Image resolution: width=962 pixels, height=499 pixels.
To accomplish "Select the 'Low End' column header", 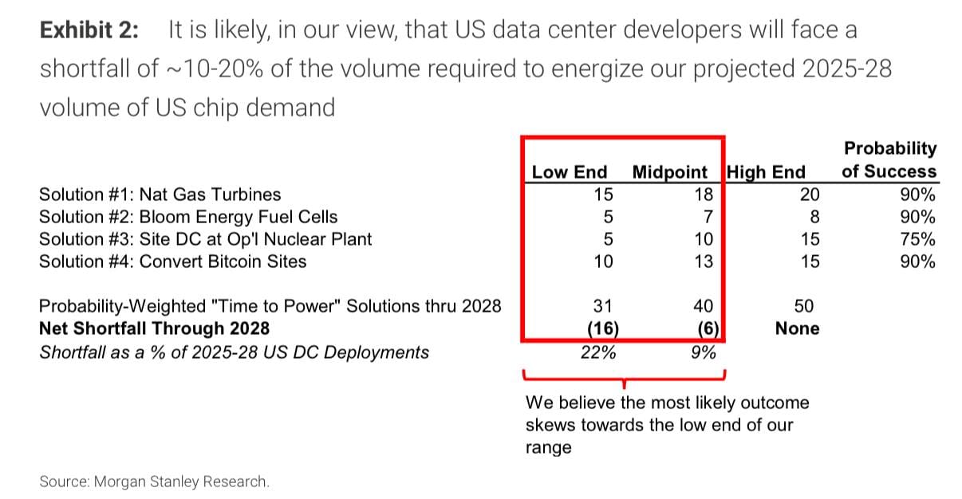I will [569, 172].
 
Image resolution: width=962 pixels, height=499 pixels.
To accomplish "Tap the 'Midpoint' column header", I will [669, 172].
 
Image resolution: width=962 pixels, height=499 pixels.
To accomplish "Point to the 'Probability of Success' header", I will [889, 159].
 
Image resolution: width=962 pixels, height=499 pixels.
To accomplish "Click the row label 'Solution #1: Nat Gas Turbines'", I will [160, 194].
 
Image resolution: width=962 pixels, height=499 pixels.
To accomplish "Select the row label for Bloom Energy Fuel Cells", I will [188, 217].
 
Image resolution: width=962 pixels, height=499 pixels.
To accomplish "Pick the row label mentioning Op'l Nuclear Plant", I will [205, 239].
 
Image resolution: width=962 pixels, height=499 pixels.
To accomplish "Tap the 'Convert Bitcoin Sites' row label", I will [173, 261].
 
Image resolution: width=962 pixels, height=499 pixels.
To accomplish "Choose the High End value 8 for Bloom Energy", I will [814, 217].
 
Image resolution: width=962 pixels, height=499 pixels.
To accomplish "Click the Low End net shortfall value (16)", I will [601, 328].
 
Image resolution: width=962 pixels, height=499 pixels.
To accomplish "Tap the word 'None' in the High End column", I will [797, 328].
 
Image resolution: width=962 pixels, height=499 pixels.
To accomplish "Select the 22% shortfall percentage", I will [598, 352].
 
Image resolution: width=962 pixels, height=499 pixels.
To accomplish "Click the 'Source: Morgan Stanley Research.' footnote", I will [154, 481].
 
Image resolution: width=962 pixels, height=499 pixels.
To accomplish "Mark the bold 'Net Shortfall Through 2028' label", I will [154, 328].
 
